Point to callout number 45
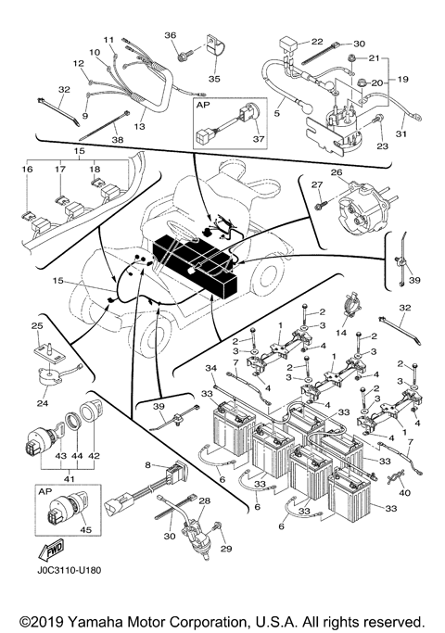click(89, 531)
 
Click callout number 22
click(316, 42)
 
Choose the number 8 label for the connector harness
click(147, 463)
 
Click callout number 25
click(37, 327)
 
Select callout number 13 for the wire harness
click(142, 126)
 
